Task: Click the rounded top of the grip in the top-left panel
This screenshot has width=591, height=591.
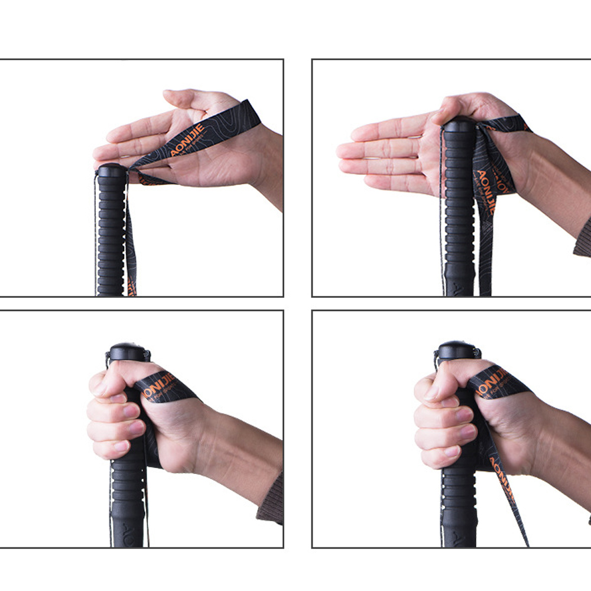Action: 112,171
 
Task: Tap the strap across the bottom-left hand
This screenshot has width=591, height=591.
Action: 168,387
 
